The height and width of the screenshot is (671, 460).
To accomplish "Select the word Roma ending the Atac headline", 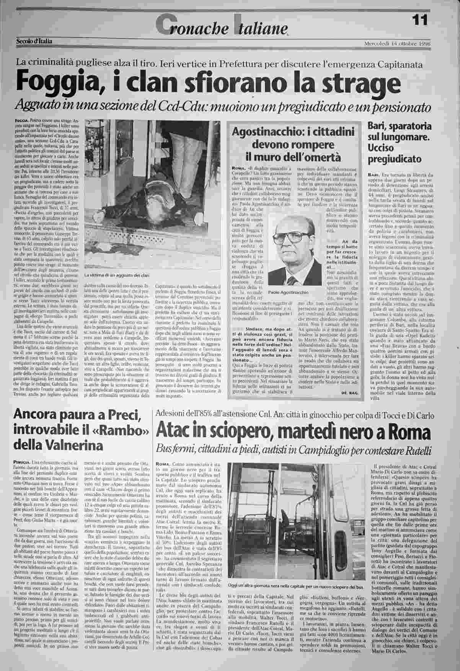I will point(411,432).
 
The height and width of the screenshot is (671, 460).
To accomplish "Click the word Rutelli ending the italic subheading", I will point(418,449).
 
